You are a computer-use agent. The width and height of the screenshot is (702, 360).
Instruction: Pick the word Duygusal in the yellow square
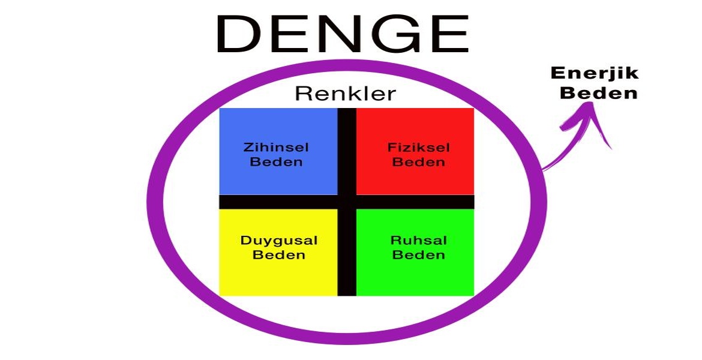tap(279, 241)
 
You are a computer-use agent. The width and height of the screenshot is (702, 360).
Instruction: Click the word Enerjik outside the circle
tap(595, 74)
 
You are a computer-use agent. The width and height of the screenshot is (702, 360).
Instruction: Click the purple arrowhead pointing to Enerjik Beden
tap(591, 117)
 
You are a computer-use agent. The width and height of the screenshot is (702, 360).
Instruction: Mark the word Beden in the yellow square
tap(279, 255)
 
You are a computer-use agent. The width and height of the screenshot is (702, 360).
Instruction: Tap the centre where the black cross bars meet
tap(347, 202)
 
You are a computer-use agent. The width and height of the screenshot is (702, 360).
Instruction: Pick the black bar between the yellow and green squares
tap(347, 252)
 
